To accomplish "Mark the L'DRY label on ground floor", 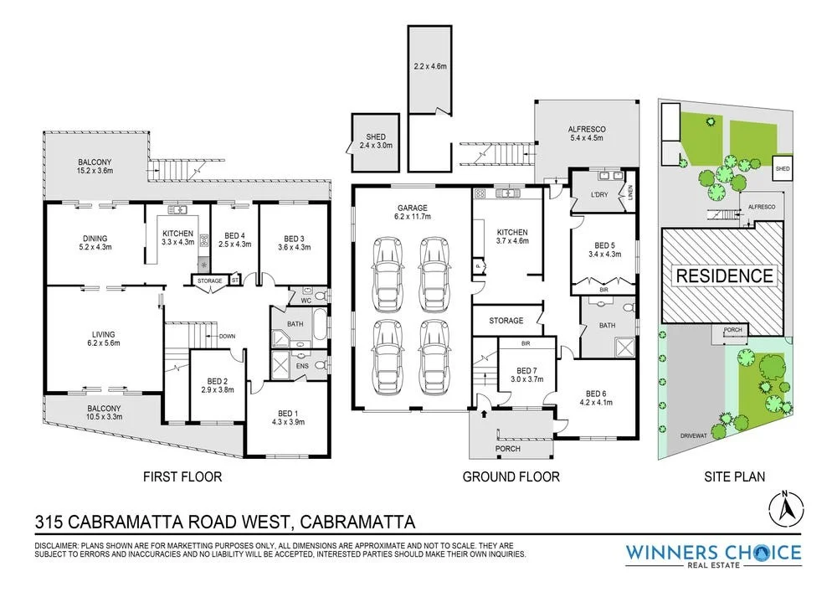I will [598, 195].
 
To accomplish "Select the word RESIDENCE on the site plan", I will [724, 275].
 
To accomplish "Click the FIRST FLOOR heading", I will [182, 477].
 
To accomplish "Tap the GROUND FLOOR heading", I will [511, 477].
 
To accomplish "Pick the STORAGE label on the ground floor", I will [506, 321].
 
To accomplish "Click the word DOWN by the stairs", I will [226, 337].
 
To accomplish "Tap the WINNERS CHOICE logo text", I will [713, 553].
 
